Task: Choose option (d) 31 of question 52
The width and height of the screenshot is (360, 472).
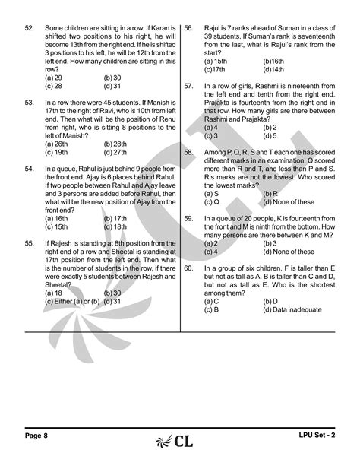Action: point(112,86)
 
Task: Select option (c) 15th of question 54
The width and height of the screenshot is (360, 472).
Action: point(55,226)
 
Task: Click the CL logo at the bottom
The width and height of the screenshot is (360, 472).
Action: point(179,440)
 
